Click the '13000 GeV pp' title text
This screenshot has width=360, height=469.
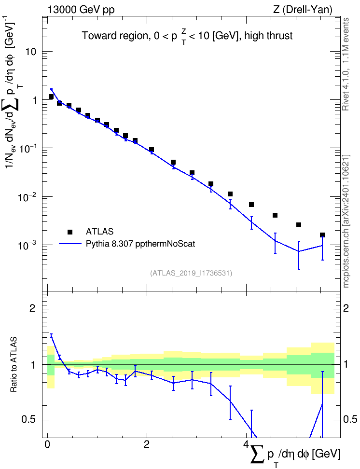pyautogui.click(x=81, y=10)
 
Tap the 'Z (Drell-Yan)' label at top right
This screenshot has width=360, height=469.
pyautogui.click(x=303, y=10)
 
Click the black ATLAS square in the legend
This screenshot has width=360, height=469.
pyautogui.click(x=69, y=232)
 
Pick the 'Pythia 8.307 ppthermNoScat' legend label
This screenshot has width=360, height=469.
pyautogui.click(x=140, y=244)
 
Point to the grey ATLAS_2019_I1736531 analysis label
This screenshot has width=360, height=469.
pyautogui.click(x=191, y=273)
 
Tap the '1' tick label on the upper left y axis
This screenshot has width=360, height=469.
pyautogui.click(x=34, y=100)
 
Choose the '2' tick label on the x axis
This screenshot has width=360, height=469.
pyautogui.click(x=147, y=444)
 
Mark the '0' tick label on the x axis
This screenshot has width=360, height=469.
pyautogui.click(x=47, y=444)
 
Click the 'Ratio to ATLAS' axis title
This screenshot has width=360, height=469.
pyautogui.click(x=14, y=365)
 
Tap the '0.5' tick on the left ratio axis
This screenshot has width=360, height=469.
pyautogui.click(x=29, y=419)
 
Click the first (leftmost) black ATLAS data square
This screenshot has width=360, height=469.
pyautogui.click(x=51, y=97)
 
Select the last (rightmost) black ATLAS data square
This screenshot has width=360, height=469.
pyautogui.click(x=322, y=235)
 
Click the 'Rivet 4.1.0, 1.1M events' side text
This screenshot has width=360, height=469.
pyautogui.click(x=346, y=64)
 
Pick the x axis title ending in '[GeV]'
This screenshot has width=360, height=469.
pyautogui.click(x=295, y=455)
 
